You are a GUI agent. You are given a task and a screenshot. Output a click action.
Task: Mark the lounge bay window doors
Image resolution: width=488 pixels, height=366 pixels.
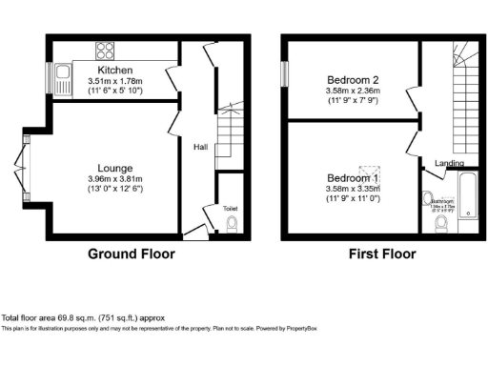pyautogui.click(x=27, y=162)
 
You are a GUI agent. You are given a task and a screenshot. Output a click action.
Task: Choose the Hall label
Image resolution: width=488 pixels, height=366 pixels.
pyautogui.click(x=201, y=147)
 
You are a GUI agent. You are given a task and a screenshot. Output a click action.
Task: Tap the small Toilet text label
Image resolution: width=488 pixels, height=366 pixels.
pyautogui.click(x=230, y=207)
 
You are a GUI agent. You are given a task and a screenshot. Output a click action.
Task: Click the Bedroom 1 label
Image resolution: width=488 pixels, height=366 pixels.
pyautogui.click(x=355, y=178)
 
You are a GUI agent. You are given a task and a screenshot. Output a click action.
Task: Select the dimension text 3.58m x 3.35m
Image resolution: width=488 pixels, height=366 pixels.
pyautogui.click(x=355, y=189)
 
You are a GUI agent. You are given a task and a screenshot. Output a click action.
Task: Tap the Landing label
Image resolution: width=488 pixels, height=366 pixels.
pyautogui.click(x=450, y=163)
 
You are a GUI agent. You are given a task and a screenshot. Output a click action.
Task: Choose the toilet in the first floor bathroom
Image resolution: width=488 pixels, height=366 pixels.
pyautogui.click(x=441, y=223)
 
